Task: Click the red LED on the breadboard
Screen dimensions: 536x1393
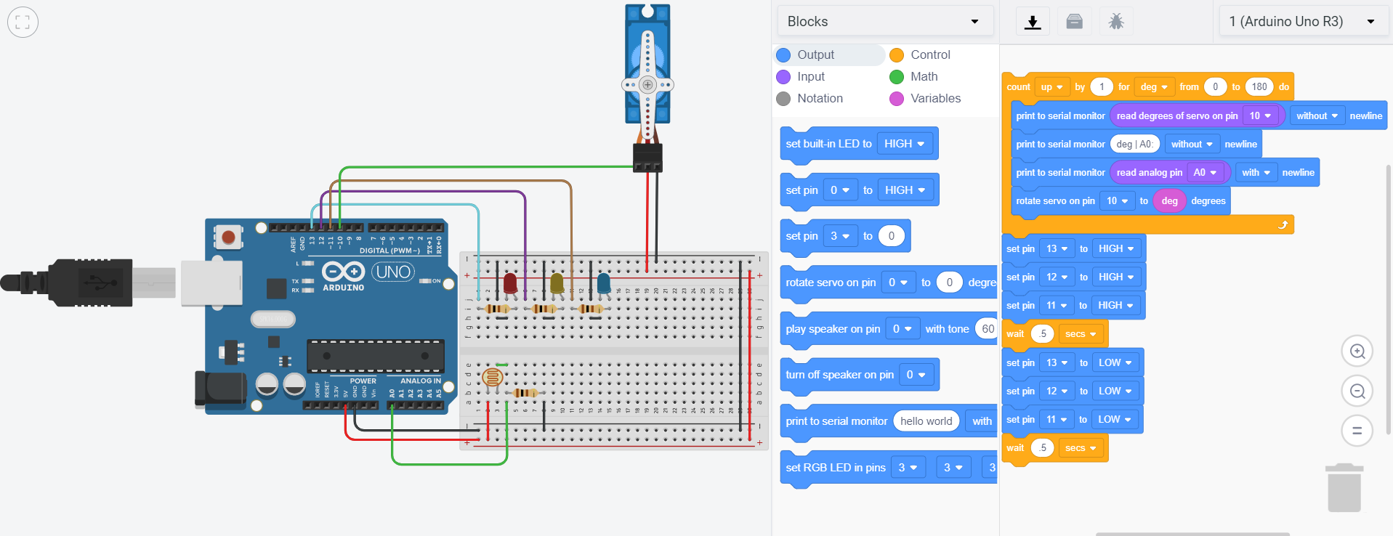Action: [510, 283]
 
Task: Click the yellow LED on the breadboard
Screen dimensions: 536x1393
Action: [557, 283]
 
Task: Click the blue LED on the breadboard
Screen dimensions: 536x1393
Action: [604, 283]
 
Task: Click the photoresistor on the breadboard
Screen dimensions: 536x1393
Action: [493, 376]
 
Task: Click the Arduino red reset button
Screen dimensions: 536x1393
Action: [228, 237]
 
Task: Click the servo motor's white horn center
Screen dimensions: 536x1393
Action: [647, 85]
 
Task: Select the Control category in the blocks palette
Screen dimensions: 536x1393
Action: [929, 54]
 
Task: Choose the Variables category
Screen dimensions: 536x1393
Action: [934, 98]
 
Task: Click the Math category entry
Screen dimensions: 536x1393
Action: [923, 76]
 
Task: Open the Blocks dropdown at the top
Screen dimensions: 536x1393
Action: [884, 21]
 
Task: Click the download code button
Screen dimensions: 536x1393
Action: [1032, 22]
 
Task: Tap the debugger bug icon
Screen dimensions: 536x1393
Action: [1115, 22]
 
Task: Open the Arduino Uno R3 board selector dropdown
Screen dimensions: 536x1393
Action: [1301, 21]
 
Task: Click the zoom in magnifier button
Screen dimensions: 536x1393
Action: [1357, 352]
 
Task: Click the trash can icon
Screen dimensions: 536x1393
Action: [1344, 487]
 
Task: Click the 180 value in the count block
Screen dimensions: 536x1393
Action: [1259, 86]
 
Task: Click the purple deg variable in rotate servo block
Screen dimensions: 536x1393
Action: [1169, 201]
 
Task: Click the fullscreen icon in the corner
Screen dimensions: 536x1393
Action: [23, 22]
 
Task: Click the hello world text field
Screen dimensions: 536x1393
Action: [926, 421]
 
